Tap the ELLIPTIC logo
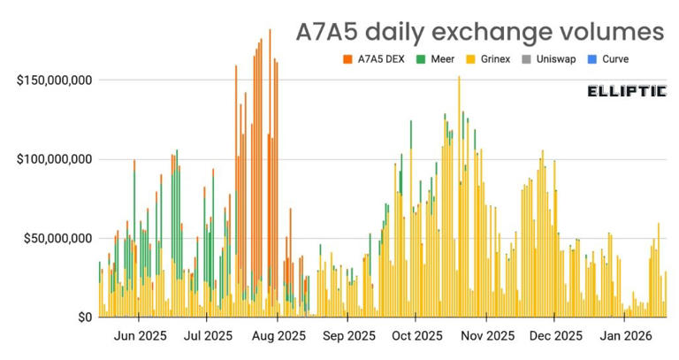[627, 91]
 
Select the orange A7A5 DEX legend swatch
[347, 59]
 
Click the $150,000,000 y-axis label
[56, 80]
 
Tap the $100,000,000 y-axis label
[56, 159]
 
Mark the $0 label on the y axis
[83, 317]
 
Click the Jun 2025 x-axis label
[141, 336]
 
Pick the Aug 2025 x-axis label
[278, 336]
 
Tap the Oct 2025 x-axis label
[416, 336]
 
